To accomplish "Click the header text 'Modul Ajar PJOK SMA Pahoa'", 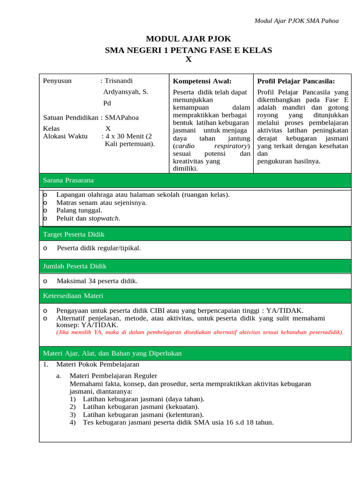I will (x=296, y=21).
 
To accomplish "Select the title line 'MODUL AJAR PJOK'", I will (x=188, y=39).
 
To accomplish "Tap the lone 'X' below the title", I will (x=188, y=59).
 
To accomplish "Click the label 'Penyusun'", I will (x=57, y=81).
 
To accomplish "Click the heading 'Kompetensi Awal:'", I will (x=202, y=81).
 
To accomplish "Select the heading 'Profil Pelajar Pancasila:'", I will (x=296, y=81).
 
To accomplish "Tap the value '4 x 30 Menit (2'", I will (x=129, y=136).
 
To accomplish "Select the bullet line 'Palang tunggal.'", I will (x=79, y=210).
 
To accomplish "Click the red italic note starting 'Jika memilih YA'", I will (x=200, y=332).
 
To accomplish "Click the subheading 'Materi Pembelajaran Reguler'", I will (x=113, y=375).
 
